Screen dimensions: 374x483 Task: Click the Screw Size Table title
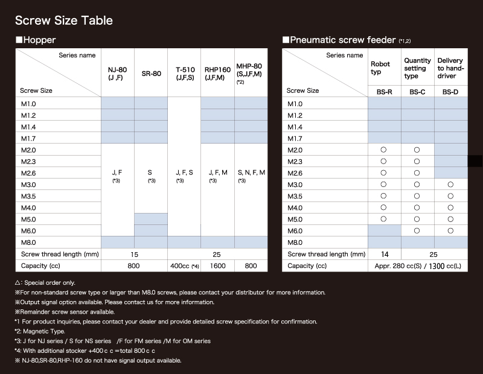(64, 21)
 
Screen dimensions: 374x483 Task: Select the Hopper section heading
(36, 40)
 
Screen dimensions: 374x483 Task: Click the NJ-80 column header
(117, 73)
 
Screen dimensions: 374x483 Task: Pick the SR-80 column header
(150, 73)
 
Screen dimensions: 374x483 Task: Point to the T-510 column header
(184, 73)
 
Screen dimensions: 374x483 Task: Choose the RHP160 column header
(217, 73)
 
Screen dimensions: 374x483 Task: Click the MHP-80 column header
(249, 73)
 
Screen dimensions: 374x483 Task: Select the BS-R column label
(385, 91)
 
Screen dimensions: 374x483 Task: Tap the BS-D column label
(450, 91)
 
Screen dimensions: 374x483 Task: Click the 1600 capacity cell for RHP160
(217, 265)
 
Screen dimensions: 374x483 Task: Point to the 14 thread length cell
(385, 254)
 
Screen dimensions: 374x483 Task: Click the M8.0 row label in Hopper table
(28, 242)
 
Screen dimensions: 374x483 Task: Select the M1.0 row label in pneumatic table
(295, 103)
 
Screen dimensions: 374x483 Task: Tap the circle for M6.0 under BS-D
(450, 230)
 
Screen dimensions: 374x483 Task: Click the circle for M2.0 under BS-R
(384, 150)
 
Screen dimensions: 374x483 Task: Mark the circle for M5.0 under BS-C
(417, 219)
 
